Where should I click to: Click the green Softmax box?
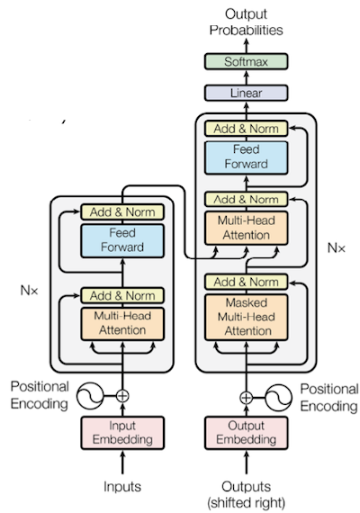coord(246,61)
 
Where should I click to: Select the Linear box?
coord(246,93)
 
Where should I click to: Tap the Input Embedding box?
coord(122,433)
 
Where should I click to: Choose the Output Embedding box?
coord(246,433)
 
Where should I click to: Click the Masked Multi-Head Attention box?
coord(246,317)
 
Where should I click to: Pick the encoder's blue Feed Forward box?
coord(122,240)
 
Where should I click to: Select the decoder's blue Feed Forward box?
coord(246,157)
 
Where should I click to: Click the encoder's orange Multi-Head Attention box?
coord(122,324)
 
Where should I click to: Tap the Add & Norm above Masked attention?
coord(246,282)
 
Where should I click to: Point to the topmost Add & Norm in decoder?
coord(246,129)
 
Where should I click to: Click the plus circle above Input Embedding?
coord(122,396)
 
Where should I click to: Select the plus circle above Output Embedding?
coord(246,398)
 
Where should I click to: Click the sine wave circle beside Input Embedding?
coord(90,396)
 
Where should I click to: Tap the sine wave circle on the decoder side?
coord(278,398)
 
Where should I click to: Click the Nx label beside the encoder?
coord(29,290)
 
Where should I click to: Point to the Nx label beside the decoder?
coord(336,248)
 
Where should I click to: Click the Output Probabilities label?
coord(246,22)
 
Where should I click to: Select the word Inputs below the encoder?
coord(122,487)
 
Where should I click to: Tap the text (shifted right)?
coord(246,502)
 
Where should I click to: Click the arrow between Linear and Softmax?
coord(246,77)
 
